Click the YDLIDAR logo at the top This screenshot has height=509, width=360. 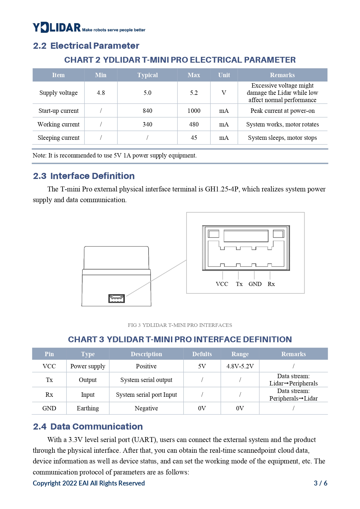pyautogui.click(x=57, y=28)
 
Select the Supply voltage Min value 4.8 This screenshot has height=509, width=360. pyautogui.click(x=101, y=93)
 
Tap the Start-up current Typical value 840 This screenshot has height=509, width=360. pyautogui.click(x=147, y=111)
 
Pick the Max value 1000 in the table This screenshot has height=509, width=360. pyautogui.click(x=194, y=111)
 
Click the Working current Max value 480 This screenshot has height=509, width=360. pyautogui.click(x=194, y=124)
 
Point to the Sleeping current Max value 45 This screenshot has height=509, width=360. pyautogui.click(x=194, y=138)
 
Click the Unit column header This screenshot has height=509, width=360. pyautogui.click(x=224, y=75)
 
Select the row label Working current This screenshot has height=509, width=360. pyautogui.click(x=58, y=124)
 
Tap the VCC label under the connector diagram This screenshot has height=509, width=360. pyautogui.click(x=222, y=284)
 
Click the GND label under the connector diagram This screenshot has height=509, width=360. pyautogui.click(x=255, y=284)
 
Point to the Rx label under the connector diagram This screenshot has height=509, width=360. pyautogui.click(x=271, y=284)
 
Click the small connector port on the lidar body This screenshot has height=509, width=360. pyautogui.click(x=116, y=298)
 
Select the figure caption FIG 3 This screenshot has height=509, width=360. pyautogui.click(x=180, y=325)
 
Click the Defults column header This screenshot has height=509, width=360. pyautogui.click(x=202, y=354)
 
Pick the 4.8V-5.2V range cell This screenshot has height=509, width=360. pyautogui.click(x=240, y=366)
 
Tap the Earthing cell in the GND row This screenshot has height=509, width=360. pyautogui.click(x=88, y=408)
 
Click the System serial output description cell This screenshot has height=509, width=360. pyautogui.click(x=146, y=380)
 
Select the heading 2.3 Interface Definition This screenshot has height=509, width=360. pyautogui.click(x=84, y=176)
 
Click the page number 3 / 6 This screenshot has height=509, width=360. pyautogui.click(x=320, y=483)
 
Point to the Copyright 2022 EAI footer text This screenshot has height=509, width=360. pyautogui.click(x=88, y=483)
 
